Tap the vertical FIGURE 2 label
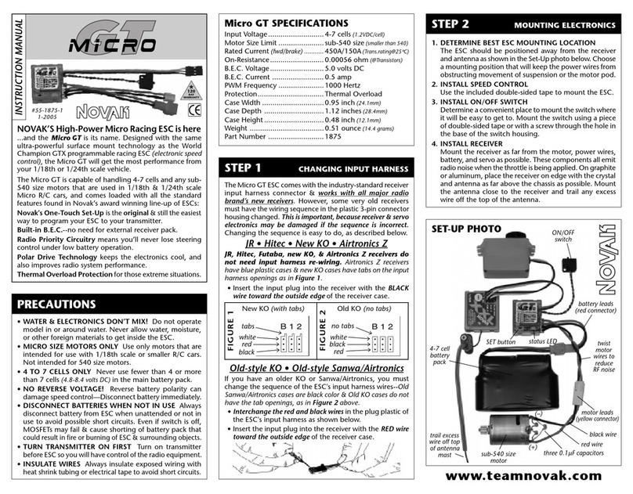click(322, 329)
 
